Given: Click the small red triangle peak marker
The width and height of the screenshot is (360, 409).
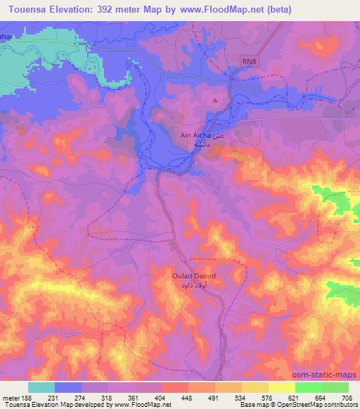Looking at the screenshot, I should (x=215, y=100).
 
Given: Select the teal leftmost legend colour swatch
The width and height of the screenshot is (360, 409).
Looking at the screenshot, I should (x=41, y=387).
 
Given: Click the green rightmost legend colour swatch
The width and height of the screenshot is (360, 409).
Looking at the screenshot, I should (x=335, y=387).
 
